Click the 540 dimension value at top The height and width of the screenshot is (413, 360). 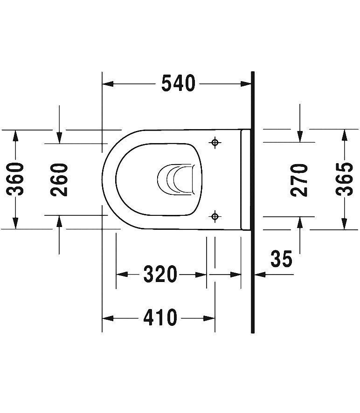[x=178, y=84]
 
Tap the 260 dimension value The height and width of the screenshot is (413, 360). [x=60, y=179]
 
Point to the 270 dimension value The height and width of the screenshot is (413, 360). [x=299, y=179]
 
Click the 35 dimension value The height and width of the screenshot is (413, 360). [x=281, y=259]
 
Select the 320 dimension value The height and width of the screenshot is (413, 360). [x=160, y=275]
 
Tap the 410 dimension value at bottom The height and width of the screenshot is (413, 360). [x=160, y=318]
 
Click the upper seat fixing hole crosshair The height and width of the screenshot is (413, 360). [x=215, y=142]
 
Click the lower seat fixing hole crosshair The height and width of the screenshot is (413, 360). [x=215, y=216]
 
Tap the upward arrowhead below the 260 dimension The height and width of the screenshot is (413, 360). [x=59, y=221]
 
